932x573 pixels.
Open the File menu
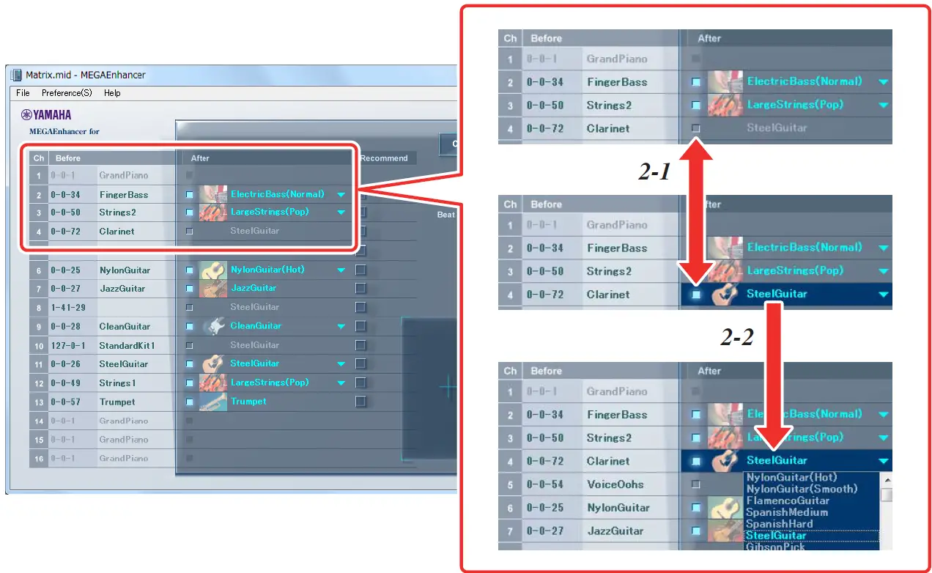(x=23, y=93)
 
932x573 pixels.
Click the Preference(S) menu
(x=67, y=93)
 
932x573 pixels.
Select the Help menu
(x=112, y=93)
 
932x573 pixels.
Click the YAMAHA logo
(x=46, y=114)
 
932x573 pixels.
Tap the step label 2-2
(x=737, y=337)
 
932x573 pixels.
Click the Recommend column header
(x=384, y=158)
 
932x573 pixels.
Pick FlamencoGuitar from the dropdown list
(x=788, y=500)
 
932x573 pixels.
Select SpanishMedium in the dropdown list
(x=787, y=512)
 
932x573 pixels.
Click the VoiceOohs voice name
(x=615, y=484)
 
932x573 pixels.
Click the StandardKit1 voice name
(x=127, y=345)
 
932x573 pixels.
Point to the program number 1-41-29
(x=68, y=307)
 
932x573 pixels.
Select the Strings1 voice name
(x=117, y=382)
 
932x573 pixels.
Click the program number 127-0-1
(x=68, y=345)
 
